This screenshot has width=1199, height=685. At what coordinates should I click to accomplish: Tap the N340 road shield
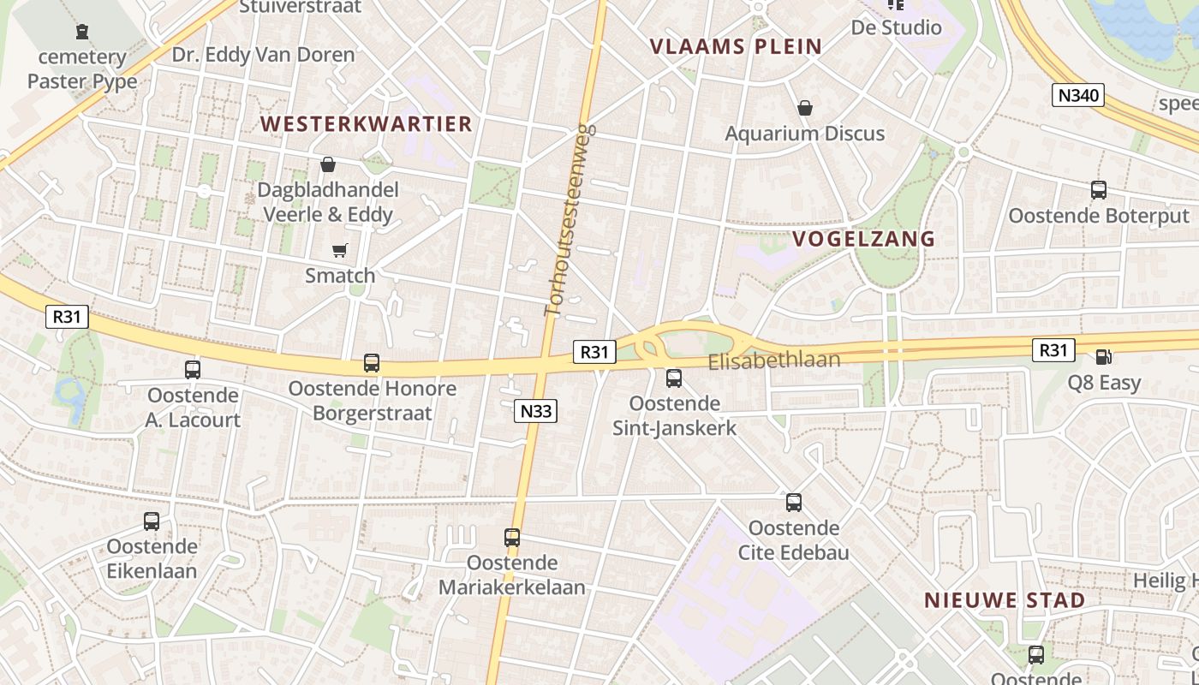1077,95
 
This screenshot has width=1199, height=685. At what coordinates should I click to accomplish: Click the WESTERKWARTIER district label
366,124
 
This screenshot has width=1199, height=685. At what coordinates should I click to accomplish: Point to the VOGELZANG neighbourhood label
863,239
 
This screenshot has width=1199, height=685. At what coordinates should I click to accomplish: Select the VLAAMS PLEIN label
736,46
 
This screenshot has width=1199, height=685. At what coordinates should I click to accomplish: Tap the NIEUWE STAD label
1005,600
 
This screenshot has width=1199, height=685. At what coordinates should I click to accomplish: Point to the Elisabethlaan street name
773,361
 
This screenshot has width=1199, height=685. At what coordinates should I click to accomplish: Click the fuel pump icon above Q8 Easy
1104,357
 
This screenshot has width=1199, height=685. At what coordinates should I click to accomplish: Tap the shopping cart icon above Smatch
340,251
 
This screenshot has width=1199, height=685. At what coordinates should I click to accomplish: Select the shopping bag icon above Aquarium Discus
804,108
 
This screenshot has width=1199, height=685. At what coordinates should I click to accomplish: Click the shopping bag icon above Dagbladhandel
327,164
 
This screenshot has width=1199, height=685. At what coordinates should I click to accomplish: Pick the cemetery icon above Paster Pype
82,33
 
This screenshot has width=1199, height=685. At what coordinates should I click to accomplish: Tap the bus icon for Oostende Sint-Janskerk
674,378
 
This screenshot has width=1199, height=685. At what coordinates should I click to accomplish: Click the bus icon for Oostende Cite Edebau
794,503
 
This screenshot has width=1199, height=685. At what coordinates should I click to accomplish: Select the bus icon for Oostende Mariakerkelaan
512,538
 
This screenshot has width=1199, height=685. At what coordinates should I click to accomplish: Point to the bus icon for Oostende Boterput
1099,190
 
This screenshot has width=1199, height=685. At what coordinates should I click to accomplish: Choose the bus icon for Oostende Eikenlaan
152,521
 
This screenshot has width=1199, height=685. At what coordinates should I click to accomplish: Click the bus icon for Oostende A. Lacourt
193,370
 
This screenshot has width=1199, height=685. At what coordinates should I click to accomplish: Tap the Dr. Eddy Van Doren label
263,56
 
